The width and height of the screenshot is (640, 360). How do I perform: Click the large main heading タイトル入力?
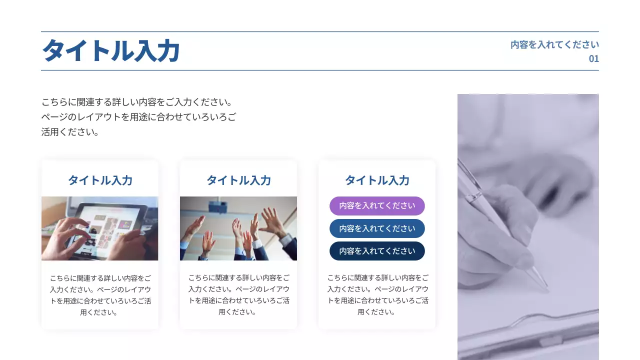110,51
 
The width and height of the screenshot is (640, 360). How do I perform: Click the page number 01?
593,58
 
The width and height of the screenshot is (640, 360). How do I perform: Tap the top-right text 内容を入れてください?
554,44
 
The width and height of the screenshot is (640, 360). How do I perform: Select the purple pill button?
377,205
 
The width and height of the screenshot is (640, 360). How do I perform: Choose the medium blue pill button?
377,228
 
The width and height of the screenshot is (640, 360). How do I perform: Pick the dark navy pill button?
377,251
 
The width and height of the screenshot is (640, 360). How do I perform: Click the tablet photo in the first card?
99,228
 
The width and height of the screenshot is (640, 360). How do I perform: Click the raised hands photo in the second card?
238,228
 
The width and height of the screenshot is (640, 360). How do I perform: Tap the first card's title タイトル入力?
100,180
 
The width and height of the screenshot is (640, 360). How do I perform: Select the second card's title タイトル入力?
238,180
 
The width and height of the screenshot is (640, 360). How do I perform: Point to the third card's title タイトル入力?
377,180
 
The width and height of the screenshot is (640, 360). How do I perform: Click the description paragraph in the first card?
100,295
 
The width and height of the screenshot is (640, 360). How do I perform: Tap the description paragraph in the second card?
238,295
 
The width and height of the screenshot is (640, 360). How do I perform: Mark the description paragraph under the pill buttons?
377,295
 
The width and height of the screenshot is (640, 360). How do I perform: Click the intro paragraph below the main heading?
138,117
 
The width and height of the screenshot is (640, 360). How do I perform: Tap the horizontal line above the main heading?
320,31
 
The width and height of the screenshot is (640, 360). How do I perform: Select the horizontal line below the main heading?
320,70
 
